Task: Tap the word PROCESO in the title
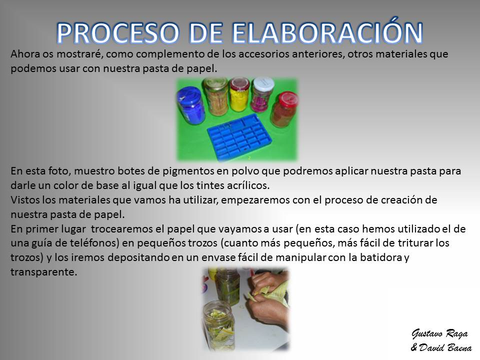pos(117,33)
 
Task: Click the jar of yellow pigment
pos(239,94)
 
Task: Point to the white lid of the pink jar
pos(263,83)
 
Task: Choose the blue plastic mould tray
pos(239,137)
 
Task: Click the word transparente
pos(44,272)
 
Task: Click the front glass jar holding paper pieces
pos(219,325)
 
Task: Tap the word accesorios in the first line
pos(263,54)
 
